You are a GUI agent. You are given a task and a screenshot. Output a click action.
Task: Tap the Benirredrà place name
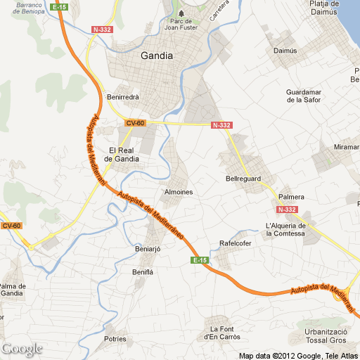point(123,96)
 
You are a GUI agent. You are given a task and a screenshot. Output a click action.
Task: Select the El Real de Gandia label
point(122,155)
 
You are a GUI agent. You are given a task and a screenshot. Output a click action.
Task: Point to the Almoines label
point(178,192)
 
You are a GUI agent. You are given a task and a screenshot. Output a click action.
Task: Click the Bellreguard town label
point(243,179)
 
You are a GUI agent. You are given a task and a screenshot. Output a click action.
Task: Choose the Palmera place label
point(291,196)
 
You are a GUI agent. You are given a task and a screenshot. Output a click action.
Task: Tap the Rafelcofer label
point(236,243)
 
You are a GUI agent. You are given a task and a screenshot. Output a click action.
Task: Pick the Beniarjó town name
point(148,250)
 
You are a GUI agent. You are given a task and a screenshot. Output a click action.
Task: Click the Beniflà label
point(143,271)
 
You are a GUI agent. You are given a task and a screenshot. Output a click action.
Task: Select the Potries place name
point(115,339)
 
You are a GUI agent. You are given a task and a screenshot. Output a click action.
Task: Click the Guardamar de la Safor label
point(304,96)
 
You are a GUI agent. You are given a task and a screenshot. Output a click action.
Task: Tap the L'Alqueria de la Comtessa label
point(286,229)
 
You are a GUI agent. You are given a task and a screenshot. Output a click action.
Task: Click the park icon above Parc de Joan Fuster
point(181,13)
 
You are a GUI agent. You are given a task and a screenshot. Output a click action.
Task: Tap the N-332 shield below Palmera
point(287,210)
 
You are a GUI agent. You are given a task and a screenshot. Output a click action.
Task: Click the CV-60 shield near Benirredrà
point(135,123)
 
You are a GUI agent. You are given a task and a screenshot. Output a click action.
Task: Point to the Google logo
point(22,349)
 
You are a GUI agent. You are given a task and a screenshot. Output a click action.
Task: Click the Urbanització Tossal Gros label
point(327,336)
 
